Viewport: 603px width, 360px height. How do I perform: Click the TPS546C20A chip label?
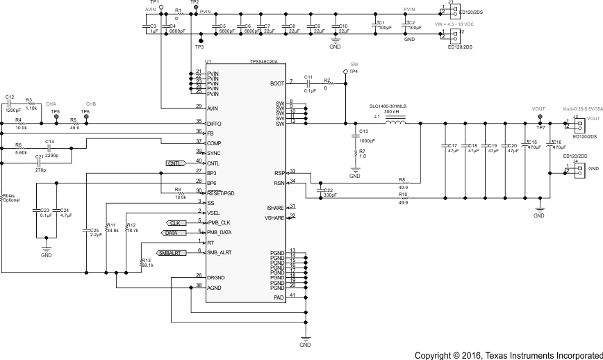coord(263,62)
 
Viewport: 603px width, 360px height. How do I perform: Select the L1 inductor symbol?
coord(396,124)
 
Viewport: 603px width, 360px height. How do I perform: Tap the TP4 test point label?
coord(354,72)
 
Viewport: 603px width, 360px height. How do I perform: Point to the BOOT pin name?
coord(276,83)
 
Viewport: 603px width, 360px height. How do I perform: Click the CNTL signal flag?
coord(174,163)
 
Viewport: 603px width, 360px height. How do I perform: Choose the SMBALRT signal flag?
coord(170,253)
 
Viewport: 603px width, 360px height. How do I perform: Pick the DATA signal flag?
coord(172,233)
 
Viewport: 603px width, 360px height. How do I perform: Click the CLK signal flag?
coord(175,222)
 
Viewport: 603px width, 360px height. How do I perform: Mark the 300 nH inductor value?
coord(390,112)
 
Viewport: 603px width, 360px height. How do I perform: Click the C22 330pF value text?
coord(331,196)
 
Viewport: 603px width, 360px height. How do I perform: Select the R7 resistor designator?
coord(362,151)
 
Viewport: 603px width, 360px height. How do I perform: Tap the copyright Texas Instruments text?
coord(508,355)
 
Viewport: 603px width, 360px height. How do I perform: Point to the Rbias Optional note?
coord(11,198)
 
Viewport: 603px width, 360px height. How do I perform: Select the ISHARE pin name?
coord(275,208)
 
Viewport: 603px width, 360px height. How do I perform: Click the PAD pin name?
coord(279,297)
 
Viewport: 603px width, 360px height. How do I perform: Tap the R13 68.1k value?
coord(147,265)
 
